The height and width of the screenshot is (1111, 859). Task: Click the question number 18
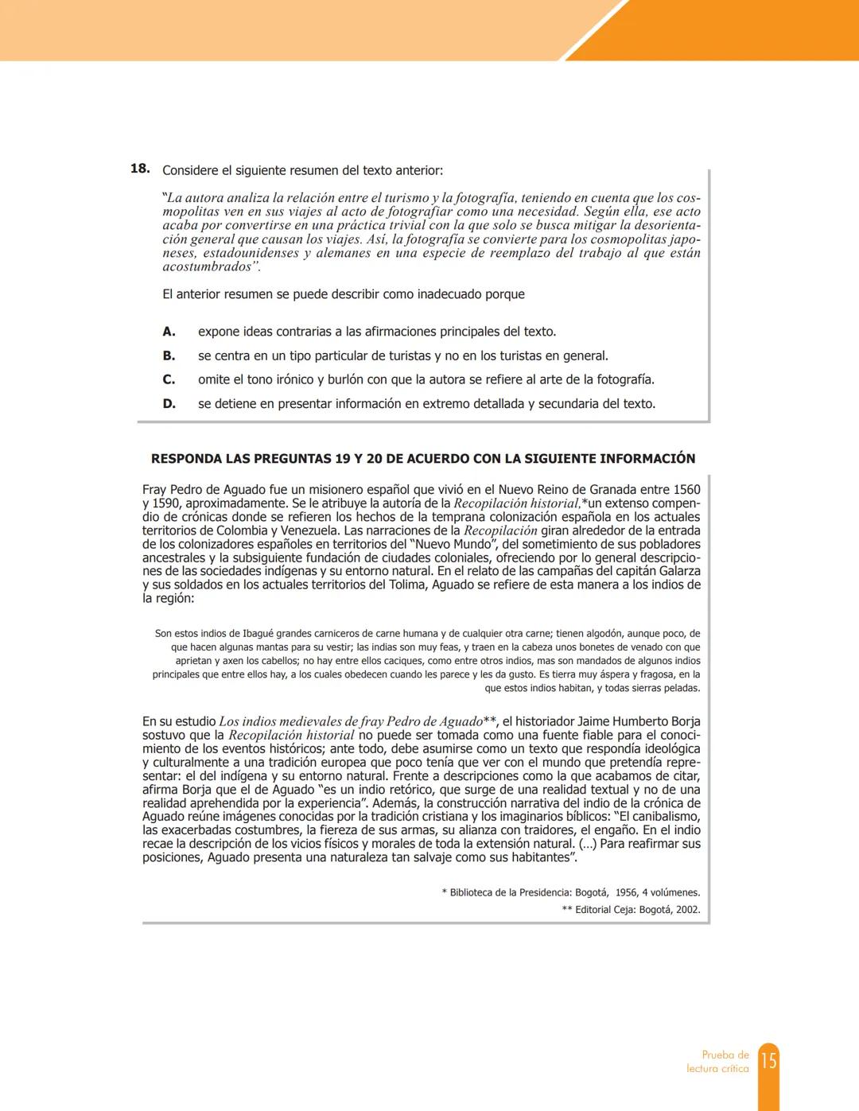point(140,169)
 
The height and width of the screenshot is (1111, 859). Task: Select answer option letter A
point(169,332)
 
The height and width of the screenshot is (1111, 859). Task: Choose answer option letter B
point(169,355)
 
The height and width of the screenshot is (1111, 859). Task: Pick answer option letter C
point(169,379)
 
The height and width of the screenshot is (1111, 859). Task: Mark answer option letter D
point(169,403)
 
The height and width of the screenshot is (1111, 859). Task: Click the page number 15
point(768,1061)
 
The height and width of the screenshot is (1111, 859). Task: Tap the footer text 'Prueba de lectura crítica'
point(717,1062)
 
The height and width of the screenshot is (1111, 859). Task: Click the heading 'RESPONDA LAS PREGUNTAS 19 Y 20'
point(422,459)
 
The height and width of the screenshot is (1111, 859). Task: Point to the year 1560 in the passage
point(686,490)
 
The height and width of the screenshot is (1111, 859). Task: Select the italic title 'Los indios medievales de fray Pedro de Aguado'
point(351,722)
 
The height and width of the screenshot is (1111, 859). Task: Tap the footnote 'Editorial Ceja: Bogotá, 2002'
point(637,910)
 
